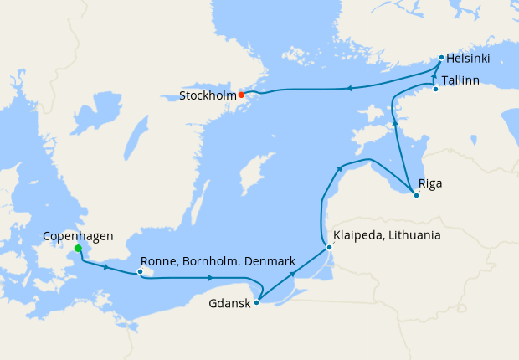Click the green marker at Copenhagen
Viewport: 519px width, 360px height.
click(x=78, y=249)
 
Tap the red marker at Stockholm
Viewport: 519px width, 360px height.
click(x=241, y=95)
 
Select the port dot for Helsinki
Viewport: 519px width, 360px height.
click(x=441, y=58)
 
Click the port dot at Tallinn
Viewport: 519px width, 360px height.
click(x=435, y=89)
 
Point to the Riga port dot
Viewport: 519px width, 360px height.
click(x=416, y=196)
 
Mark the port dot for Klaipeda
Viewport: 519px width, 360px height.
click(x=329, y=247)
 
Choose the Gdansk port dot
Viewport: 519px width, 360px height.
click(x=256, y=302)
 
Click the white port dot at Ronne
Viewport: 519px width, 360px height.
click(x=140, y=272)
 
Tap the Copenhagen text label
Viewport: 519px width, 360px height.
click(x=78, y=236)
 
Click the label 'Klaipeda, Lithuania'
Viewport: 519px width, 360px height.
click(x=387, y=236)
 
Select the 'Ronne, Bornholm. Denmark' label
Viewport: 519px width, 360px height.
click(x=218, y=261)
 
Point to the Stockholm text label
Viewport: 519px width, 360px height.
click(x=207, y=95)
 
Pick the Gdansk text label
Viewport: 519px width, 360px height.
click(x=229, y=303)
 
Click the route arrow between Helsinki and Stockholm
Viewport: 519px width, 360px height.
click(x=347, y=88)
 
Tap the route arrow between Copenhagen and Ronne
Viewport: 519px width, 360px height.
click(x=106, y=266)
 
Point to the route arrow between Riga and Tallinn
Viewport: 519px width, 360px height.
click(x=393, y=124)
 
